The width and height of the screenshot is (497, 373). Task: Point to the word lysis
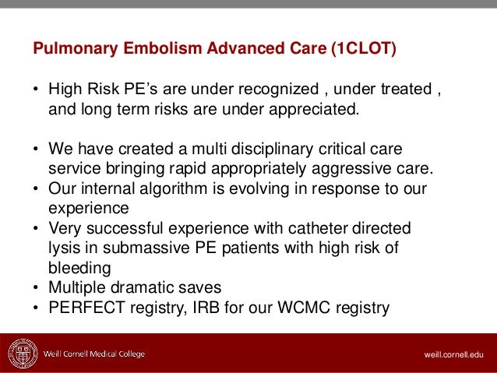point(64,249)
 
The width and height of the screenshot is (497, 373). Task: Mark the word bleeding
point(76,269)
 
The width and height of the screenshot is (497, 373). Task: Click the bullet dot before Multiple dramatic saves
point(36,290)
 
